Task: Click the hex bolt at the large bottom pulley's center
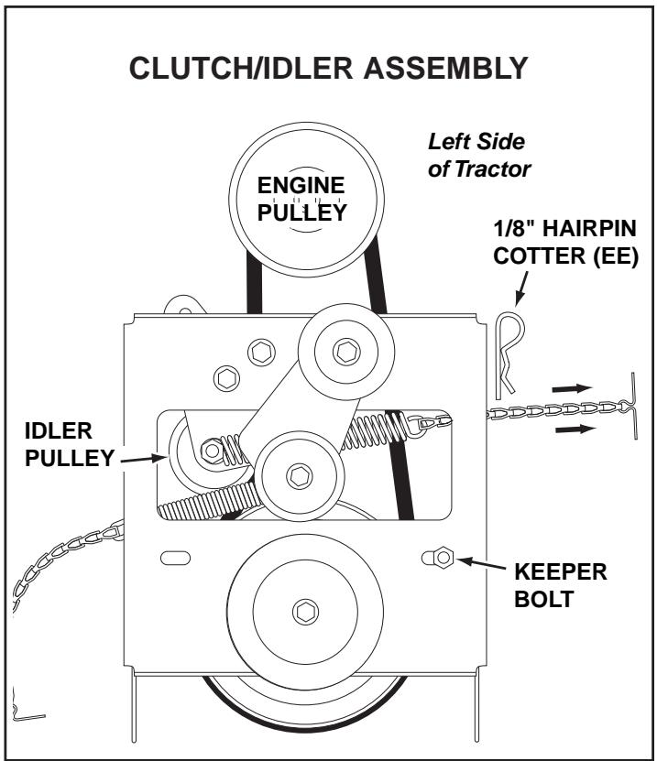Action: click(301, 611)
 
